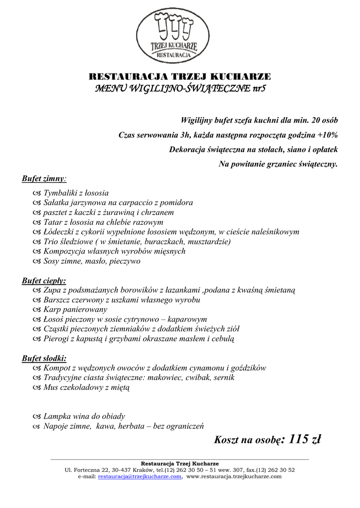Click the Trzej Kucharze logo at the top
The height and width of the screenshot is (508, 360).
(x=174, y=36)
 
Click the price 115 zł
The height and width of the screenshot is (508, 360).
(x=305, y=440)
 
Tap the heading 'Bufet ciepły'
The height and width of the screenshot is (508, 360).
(x=44, y=280)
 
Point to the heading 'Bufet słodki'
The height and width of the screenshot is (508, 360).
(x=44, y=358)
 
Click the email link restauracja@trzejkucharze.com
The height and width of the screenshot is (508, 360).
(x=140, y=476)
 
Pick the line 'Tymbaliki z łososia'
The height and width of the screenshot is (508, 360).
(x=76, y=193)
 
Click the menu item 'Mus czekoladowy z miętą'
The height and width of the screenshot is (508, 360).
(x=86, y=387)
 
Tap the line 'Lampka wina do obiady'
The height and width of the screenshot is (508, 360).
(x=84, y=416)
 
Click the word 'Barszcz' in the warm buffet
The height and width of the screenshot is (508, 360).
(x=57, y=300)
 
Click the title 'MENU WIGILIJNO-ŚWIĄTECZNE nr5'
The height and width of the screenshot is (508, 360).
(x=180, y=89)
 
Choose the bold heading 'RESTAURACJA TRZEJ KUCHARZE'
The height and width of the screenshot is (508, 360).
(x=180, y=76)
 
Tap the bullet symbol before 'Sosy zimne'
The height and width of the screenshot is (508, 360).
(x=35, y=261)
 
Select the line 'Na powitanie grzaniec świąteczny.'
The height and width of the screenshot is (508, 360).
(x=278, y=164)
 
